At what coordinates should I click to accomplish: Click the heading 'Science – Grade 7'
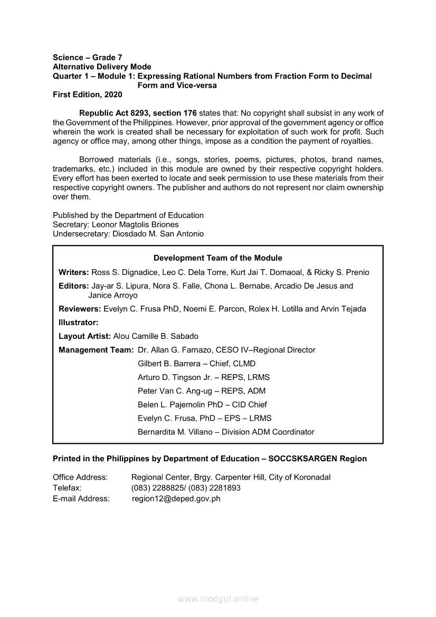tap(88, 58)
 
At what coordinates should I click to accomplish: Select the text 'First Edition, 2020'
tap(87, 94)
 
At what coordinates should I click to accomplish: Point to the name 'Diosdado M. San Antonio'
tap(158, 234)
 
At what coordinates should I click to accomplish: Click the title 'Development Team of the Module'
tap(217, 258)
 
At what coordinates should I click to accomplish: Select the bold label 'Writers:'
tap(74, 272)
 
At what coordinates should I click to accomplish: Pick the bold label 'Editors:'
tap(74, 286)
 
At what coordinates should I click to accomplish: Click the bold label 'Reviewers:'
tap(80, 309)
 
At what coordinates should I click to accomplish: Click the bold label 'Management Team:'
tap(96, 350)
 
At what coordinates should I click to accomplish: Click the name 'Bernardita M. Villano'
tap(176, 432)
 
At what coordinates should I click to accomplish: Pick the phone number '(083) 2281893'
tap(214, 488)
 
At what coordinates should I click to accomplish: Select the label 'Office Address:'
tap(80, 477)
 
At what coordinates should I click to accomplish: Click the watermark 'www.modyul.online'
tap(218, 599)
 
